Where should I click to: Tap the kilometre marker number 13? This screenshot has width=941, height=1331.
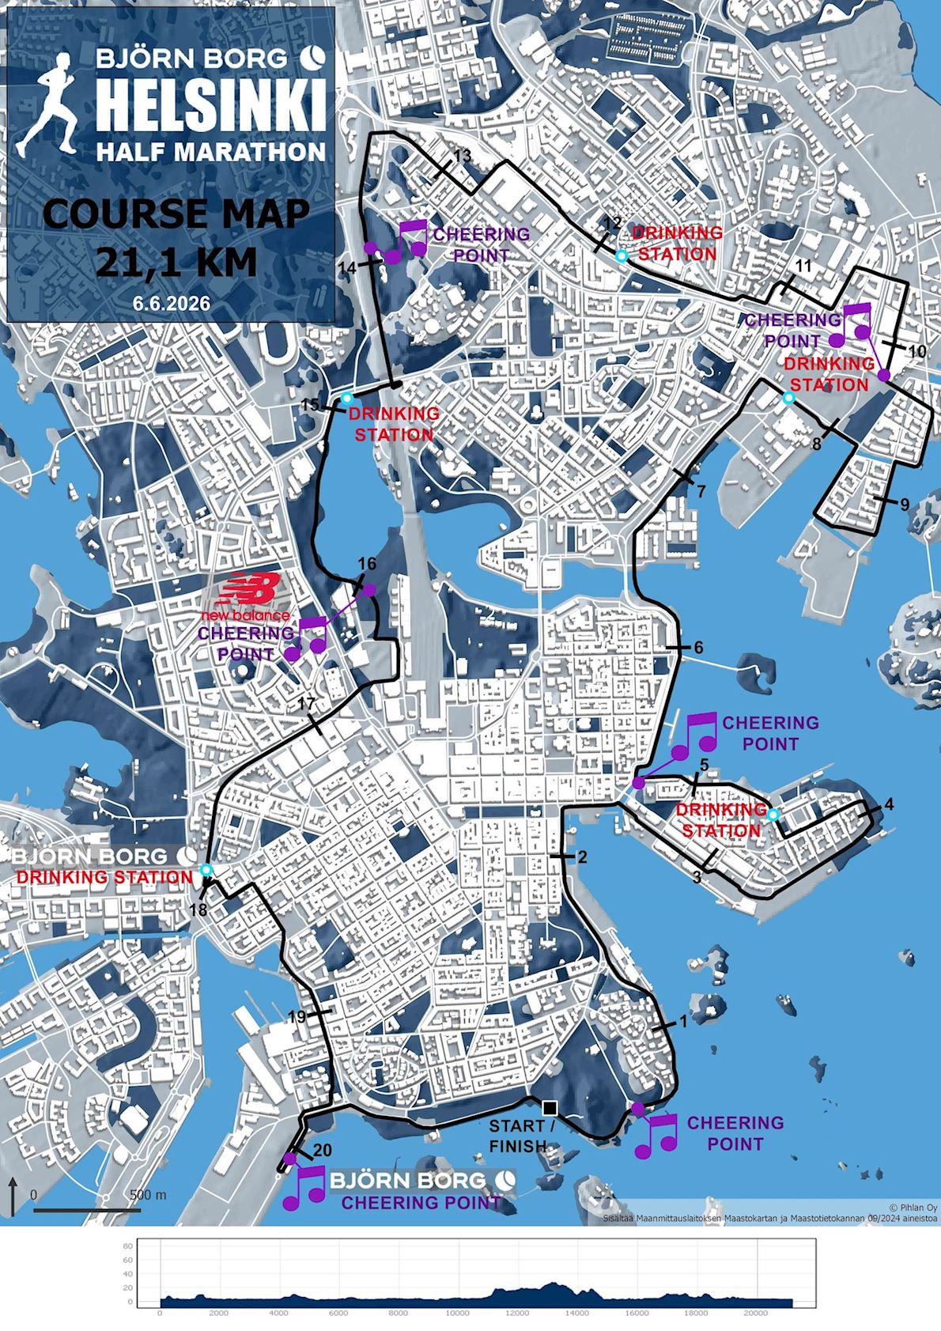462,156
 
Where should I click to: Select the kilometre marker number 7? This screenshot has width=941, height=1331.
701,491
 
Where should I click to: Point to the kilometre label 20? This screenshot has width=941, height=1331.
323,1151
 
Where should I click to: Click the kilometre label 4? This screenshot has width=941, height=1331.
889,804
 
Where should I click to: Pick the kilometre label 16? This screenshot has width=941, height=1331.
367,564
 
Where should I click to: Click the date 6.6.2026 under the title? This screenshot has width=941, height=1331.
171,304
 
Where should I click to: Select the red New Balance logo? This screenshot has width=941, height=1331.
247,596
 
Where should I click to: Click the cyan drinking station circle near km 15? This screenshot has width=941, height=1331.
346,397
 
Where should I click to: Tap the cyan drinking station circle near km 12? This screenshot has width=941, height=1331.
622,255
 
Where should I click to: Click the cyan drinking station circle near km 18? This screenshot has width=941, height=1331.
206,870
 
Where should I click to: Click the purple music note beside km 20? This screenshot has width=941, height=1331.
305,1188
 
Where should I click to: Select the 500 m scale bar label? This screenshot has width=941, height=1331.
147,1194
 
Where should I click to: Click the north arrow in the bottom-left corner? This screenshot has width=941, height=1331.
13,1194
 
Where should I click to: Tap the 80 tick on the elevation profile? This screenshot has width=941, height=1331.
127,1246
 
